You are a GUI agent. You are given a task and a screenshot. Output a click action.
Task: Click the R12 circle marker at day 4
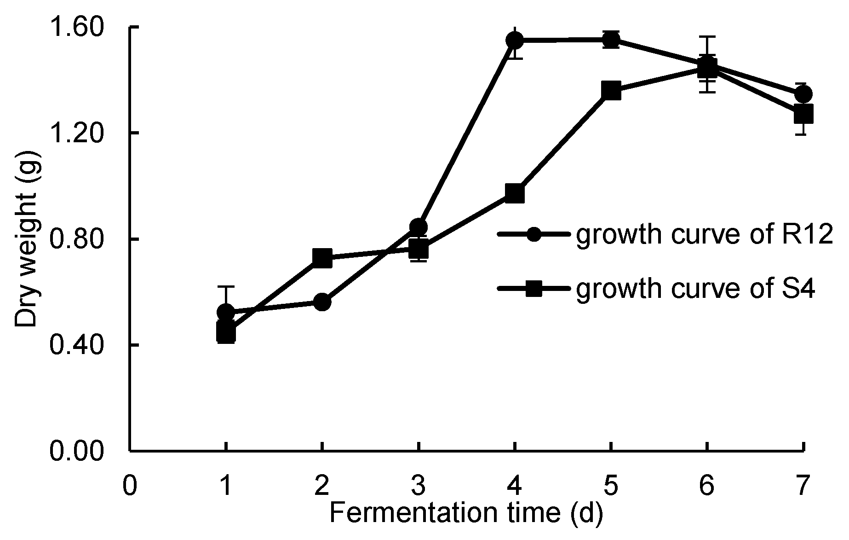(515, 41)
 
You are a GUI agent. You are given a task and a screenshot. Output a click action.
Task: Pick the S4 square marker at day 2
(322, 258)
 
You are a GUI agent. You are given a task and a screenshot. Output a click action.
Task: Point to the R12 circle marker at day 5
(611, 40)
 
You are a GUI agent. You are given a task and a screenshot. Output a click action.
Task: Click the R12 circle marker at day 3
(419, 227)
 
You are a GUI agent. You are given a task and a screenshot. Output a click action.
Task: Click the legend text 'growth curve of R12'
(705, 235)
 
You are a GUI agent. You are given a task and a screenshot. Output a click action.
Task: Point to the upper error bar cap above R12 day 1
(225, 286)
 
